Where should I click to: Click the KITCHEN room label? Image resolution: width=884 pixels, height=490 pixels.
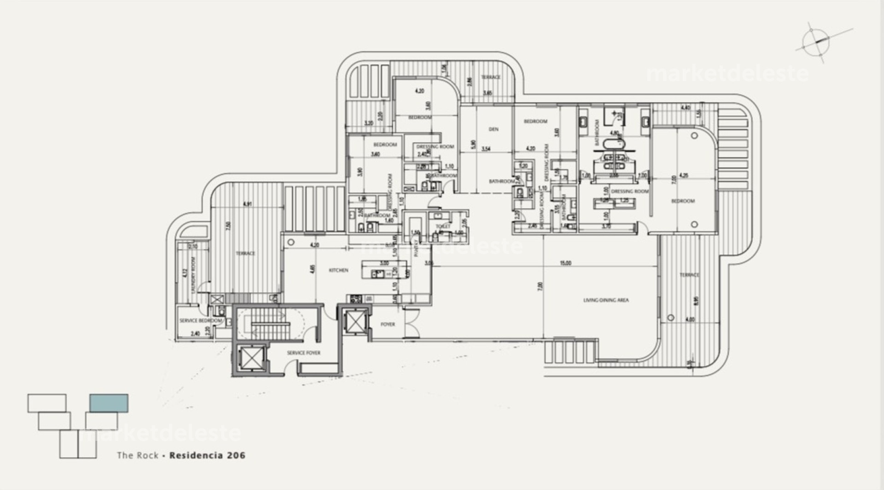tap(338, 270)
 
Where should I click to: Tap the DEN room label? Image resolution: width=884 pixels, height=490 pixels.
tap(494, 129)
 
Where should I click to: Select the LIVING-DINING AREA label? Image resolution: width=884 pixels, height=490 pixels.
tap(606, 300)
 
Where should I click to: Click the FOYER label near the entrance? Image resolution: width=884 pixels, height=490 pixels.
tap(388, 324)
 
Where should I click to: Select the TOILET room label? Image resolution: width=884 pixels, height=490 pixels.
tap(443, 227)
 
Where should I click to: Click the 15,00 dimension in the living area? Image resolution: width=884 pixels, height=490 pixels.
tap(565, 263)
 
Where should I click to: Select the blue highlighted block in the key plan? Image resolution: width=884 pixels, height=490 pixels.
tap(109, 403)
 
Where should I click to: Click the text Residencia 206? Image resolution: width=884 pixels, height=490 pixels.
tap(207, 455)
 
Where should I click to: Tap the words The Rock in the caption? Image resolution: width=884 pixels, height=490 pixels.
tap(137, 455)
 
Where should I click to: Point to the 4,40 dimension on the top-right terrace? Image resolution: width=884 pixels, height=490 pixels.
tap(685, 108)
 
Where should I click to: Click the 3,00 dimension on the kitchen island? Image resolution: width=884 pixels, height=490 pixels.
tap(384, 263)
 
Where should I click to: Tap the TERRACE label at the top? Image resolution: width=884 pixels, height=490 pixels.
tap(490, 77)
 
